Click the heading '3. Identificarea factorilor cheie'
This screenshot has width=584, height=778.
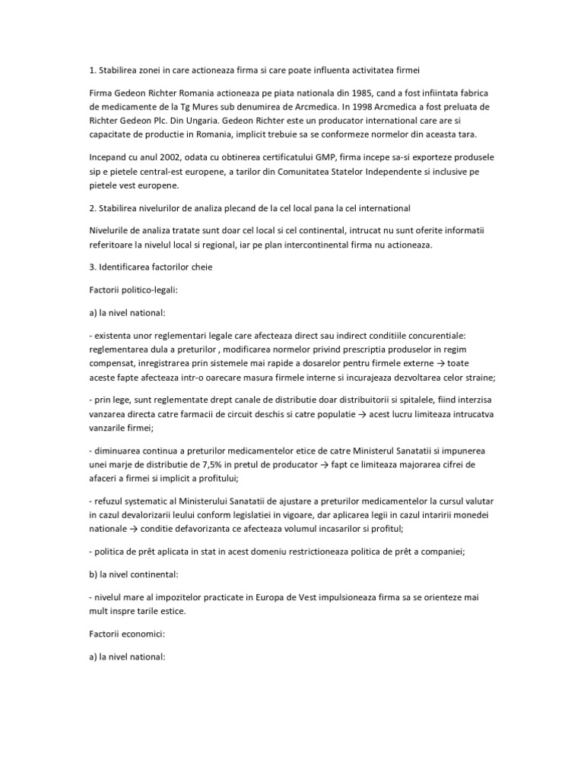tap(151, 266)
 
